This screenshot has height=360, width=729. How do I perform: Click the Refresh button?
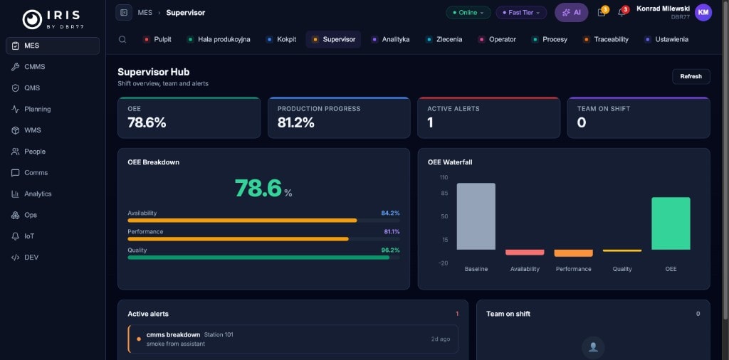tap(691, 76)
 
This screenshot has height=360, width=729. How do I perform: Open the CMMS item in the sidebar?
tap(34, 67)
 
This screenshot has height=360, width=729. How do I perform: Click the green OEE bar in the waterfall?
tap(671, 223)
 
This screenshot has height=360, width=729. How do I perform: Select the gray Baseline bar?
tap(476, 216)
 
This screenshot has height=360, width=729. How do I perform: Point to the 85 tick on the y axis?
tap(444, 194)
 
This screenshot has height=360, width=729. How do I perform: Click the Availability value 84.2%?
tap(390, 213)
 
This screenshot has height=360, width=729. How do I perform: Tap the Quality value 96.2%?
tap(390, 250)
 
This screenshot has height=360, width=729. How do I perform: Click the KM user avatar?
tap(703, 12)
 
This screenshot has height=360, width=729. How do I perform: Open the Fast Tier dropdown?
tap(521, 13)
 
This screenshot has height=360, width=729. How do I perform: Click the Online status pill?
tap(468, 13)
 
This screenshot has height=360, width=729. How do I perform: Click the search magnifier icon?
tap(122, 40)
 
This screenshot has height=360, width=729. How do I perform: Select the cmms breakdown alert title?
tap(173, 334)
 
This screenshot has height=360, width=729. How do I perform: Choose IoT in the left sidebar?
tap(29, 236)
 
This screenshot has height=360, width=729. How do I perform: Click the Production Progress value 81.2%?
tap(295, 122)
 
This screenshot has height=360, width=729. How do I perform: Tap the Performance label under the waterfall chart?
tap(573, 269)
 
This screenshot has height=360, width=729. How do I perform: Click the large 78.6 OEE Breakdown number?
tap(258, 189)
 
